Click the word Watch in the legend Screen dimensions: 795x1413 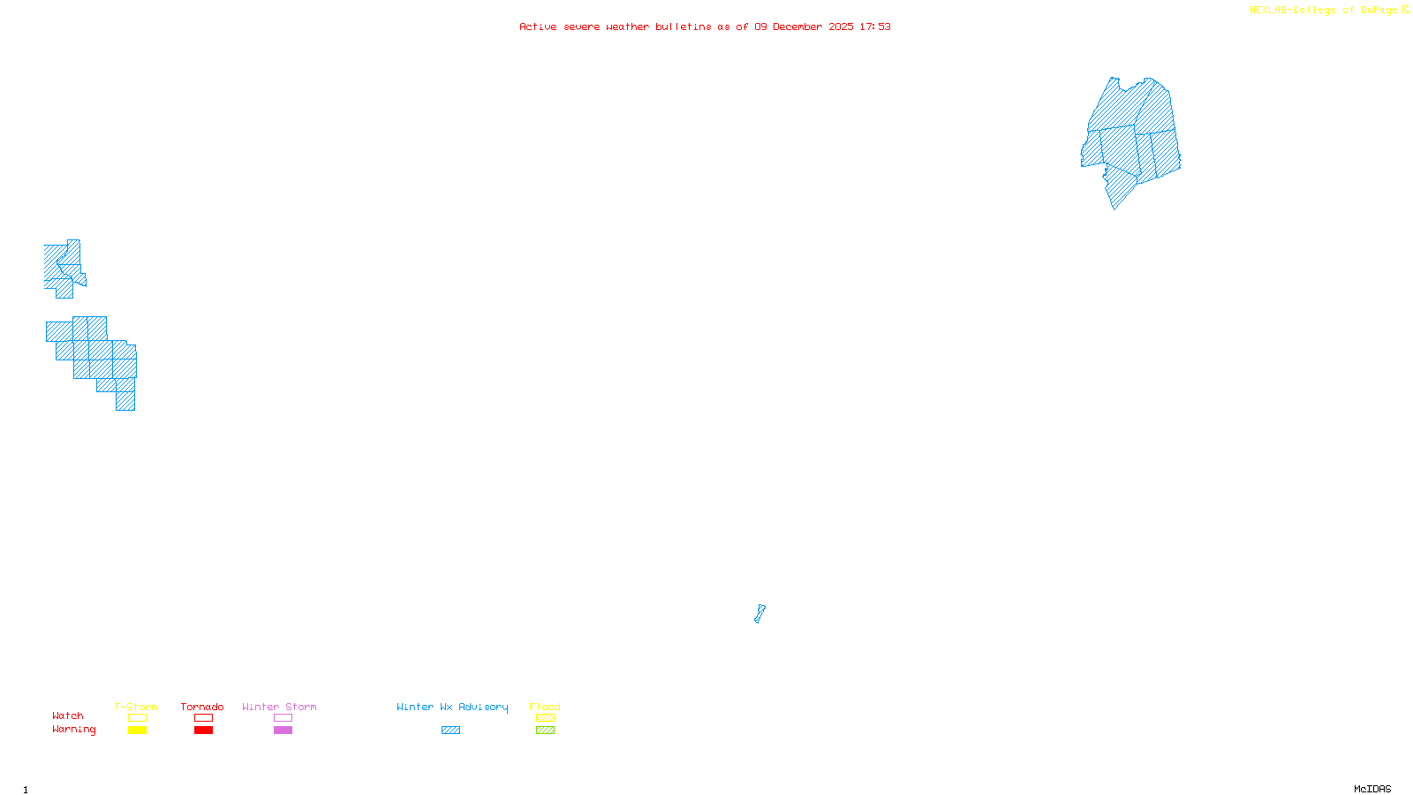coord(68,715)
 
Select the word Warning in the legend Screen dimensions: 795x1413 coord(73,730)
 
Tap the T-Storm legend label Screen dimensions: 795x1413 coord(136,707)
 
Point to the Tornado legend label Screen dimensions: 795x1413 coord(202,707)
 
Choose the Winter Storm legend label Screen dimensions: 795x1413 coord(279,707)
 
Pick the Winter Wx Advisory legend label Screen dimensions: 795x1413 coord(452,707)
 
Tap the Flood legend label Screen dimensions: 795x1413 coord(545,707)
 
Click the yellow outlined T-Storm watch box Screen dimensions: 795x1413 coord(137,718)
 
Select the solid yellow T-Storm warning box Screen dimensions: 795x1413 coord(137,731)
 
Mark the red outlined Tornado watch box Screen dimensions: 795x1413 coord(203,718)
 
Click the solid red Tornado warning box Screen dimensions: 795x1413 coord(203,731)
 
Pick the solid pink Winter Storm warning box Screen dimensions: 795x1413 coord(283,731)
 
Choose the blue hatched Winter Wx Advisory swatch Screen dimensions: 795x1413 coord(450,731)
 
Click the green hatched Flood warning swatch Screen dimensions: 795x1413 coord(545,731)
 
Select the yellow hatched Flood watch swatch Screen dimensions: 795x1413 coord(545,718)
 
